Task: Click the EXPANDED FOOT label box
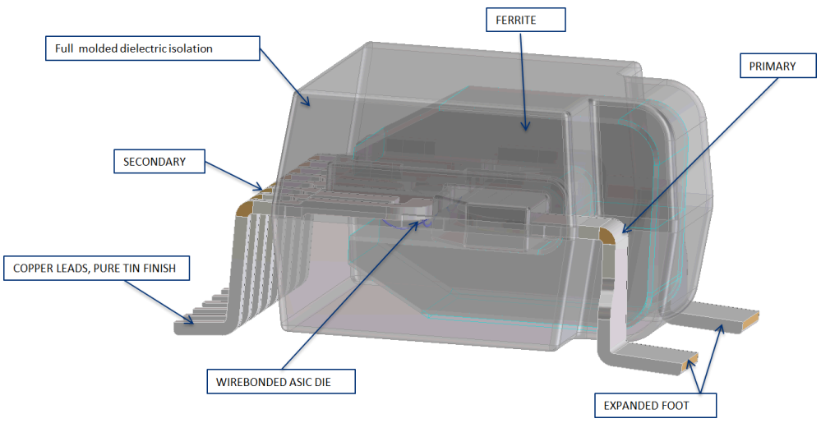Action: (x=653, y=405)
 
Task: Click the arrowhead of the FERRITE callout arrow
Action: (x=524, y=128)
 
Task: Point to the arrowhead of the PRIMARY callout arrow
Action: (x=621, y=232)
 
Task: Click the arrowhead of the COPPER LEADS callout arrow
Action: (x=194, y=323)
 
